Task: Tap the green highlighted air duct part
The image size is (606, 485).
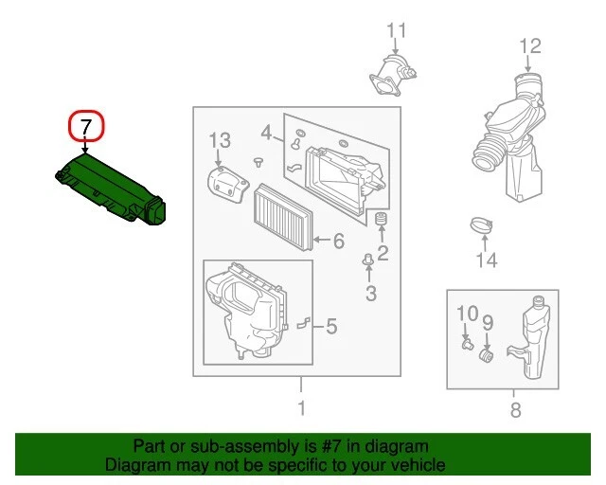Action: click(x=108, y=190)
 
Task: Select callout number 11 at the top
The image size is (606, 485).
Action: click(x=396, y=30)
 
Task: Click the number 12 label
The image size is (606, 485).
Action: click(x=529, y=45)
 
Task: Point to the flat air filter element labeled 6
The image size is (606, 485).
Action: click(x=283, y=215)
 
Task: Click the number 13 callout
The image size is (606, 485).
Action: click(x=219, y=141)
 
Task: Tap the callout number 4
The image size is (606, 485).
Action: click(x=267, y=131)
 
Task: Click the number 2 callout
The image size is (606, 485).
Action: click(x=383, y=252)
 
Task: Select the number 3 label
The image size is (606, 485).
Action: click(x=370, y=294)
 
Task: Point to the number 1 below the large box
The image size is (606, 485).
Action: click(x=301, y=409)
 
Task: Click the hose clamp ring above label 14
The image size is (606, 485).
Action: click(x=484, y=227)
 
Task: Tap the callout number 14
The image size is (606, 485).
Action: click(x=486, y=260)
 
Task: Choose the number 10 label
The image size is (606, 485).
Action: click(x=468, y=314)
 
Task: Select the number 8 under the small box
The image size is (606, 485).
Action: click(x=515, y=410)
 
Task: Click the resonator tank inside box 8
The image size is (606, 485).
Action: click(x=530, y=336)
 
